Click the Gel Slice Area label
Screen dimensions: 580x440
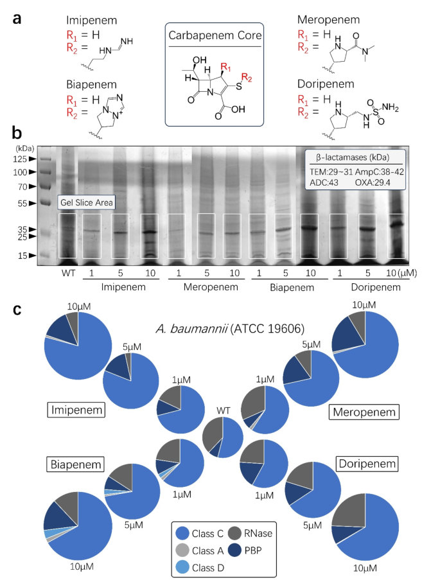[87, 203]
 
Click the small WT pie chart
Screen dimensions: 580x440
[223, 437]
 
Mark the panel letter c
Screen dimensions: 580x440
[19, 309]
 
